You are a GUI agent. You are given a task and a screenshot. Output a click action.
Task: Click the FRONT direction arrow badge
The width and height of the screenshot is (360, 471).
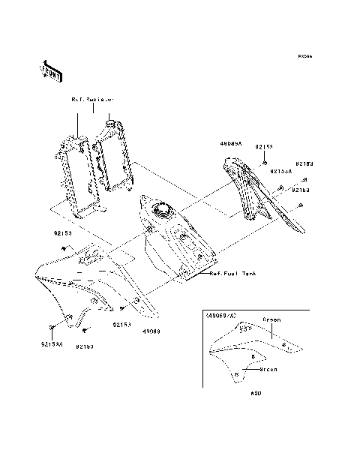pyautogui.click(x=50, y=70)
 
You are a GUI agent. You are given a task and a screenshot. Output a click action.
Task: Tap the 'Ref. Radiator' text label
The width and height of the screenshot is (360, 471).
pyautogui.click(x=92, y=99)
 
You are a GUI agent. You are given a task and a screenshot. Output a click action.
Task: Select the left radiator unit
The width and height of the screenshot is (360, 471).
pyautogui.click(x=78, y=169)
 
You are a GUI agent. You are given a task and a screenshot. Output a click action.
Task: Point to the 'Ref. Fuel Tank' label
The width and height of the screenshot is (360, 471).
pyautogui.click(x=232, y=274)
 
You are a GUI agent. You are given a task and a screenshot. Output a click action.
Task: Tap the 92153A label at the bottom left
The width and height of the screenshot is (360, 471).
pyautogui.click(x=52, y=345)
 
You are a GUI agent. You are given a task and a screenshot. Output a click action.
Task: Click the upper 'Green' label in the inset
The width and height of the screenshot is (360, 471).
pyautogui.click(x=272, y=320)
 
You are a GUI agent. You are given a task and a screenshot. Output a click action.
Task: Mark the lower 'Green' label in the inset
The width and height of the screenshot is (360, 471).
pyautogui.click(x=268, y=369)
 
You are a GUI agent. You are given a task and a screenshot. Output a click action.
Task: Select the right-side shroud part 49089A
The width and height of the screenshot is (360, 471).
pyautogui.click(x=262, y=191)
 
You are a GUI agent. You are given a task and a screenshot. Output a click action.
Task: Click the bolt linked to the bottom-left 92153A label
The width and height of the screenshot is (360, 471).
pyautogui.click(x=52, y=328)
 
